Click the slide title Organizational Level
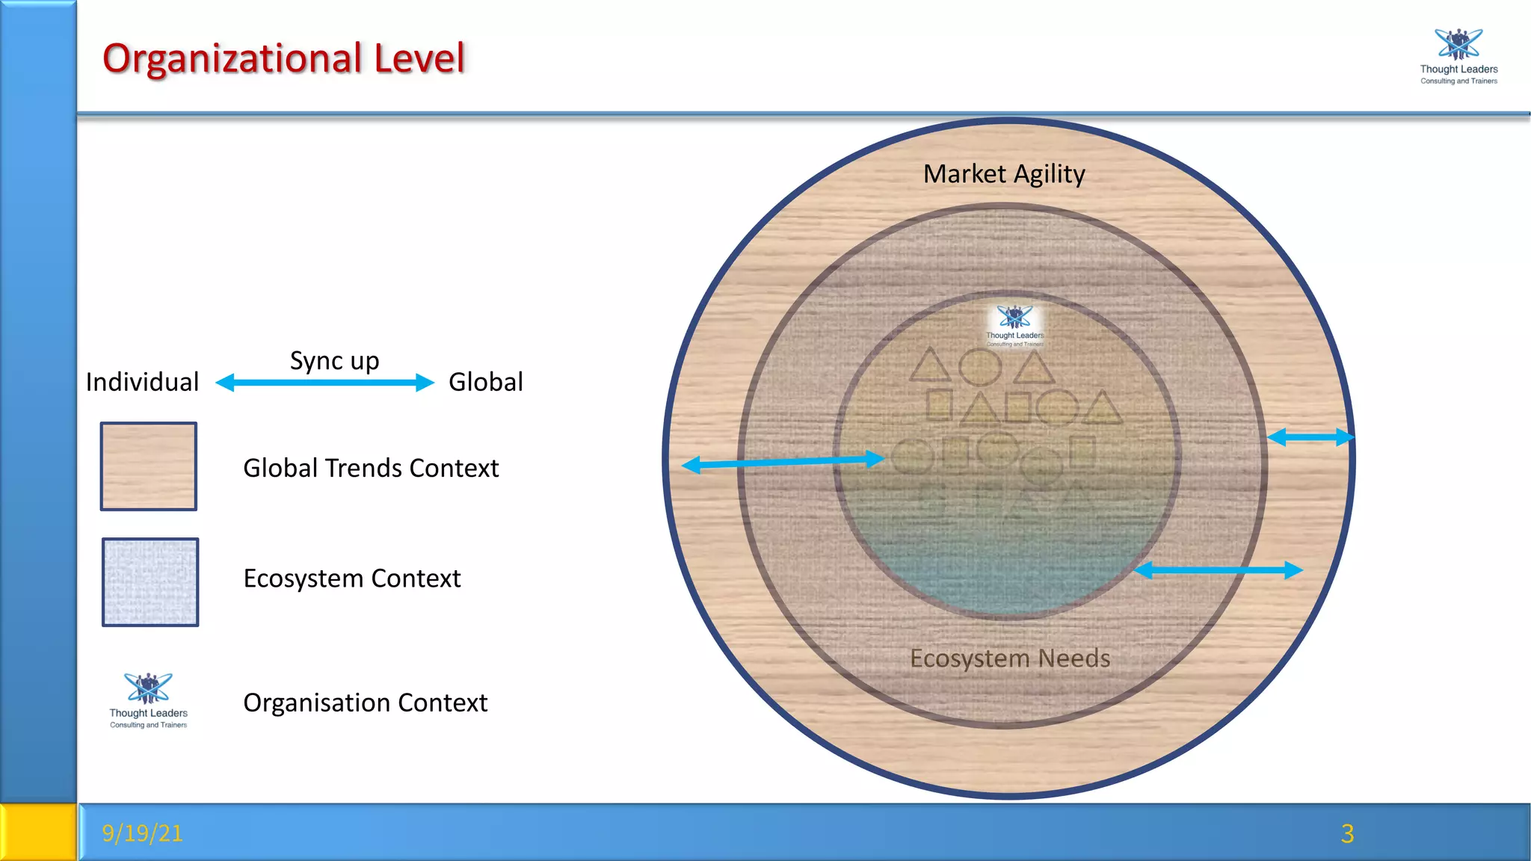283,58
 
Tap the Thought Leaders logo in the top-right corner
1458,56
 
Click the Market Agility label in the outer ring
1004,174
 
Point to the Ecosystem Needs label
1010,658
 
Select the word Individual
142,382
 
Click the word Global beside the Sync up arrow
485,382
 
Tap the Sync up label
334,361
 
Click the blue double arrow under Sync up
324,383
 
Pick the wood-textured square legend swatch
149,466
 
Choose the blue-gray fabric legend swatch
150,582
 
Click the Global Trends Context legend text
371,468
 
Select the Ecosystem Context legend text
352,578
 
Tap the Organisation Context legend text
365,703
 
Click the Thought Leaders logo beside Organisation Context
148,700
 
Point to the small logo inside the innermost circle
1014,326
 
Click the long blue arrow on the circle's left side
783,462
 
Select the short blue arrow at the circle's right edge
1310,437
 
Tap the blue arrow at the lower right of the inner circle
1219,570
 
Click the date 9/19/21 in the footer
142,833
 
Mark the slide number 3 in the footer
1347,833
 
